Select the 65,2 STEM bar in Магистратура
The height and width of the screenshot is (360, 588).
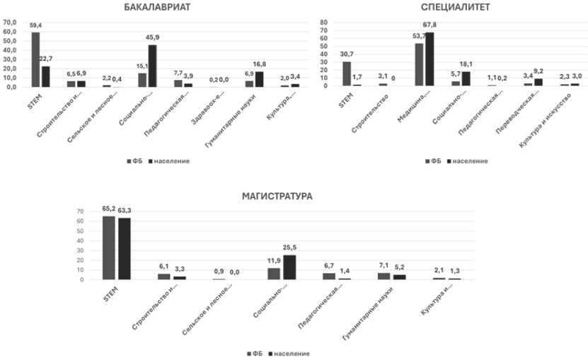coord(109,248)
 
